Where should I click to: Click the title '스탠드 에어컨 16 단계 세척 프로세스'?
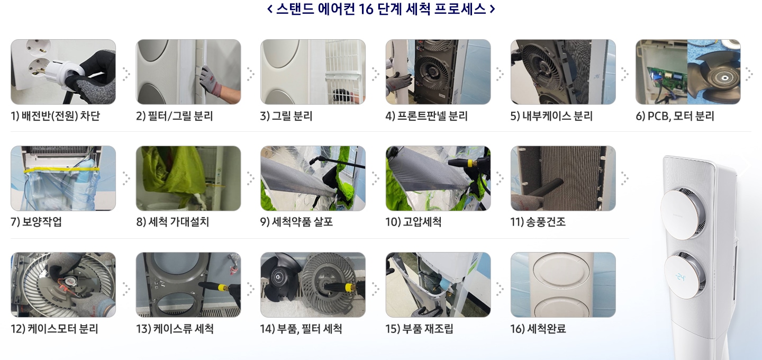[381, 9]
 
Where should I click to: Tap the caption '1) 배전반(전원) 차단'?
[56, 116]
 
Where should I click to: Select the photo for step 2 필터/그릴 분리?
[188, 72]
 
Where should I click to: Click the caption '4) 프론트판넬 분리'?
[427, 116]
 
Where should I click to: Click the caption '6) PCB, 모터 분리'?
[675, 116]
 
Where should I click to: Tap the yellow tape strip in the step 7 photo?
[62, 169]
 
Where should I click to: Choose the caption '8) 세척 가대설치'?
[173, 222]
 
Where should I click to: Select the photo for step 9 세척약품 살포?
[313, 178]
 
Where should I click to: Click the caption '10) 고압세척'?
[413, 222]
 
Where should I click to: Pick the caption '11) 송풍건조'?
[538, 222]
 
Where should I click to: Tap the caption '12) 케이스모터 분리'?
[55, 329]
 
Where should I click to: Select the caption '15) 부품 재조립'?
[419, 329]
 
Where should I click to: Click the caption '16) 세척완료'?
[538, 329]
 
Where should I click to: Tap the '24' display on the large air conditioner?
[680, 277]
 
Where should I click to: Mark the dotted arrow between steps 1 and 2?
[126, 74]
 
